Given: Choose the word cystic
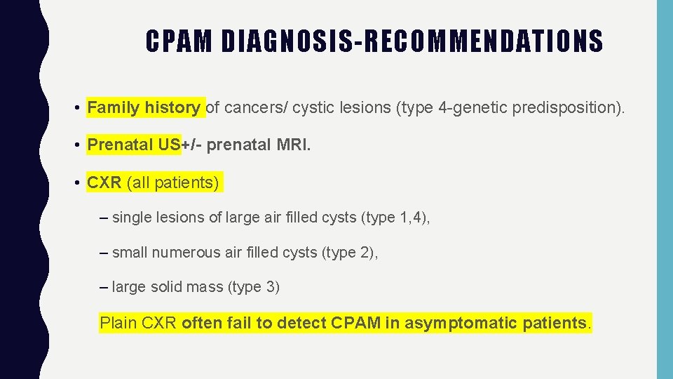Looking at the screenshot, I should (311, 108).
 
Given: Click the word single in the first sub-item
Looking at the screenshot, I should (130, 218).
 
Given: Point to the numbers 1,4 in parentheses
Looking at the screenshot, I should (412, 218).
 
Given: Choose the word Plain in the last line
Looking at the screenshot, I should (118, 324).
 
